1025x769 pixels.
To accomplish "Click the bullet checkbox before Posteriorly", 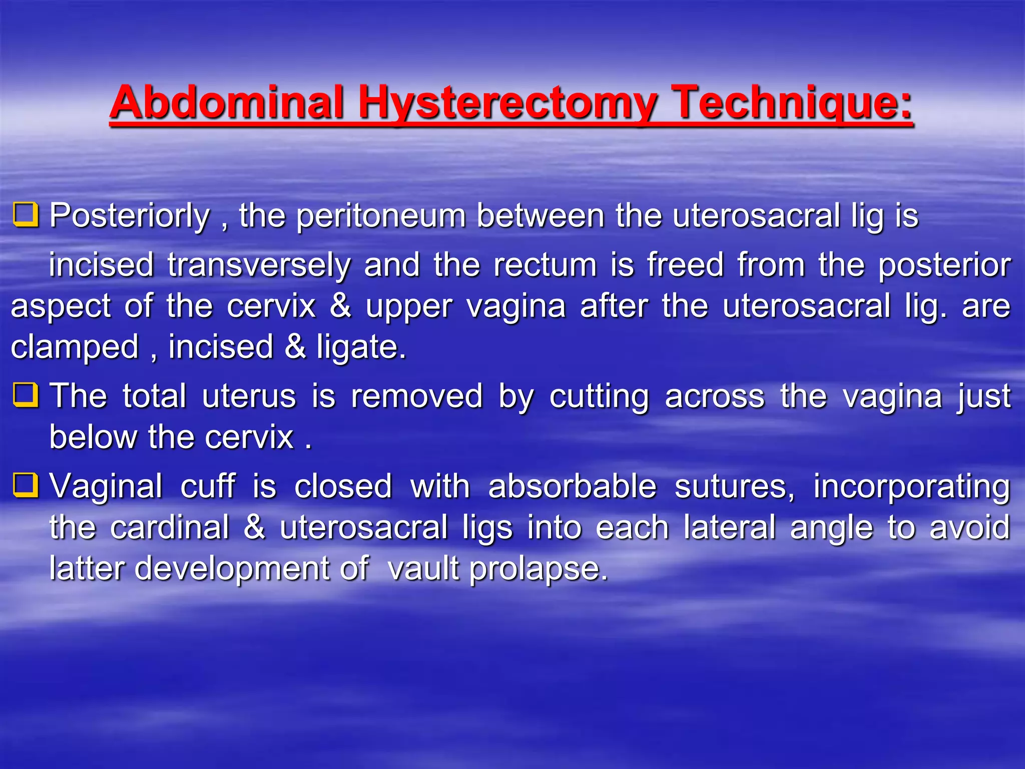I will click(x=26, y=215).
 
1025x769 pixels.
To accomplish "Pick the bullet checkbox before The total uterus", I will click(x=26, y=395).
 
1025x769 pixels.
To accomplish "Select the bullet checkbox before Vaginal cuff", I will click(x=26, y=485).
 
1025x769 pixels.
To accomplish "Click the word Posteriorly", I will click(x=130, y=216).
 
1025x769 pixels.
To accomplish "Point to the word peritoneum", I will click(x=381, y=216).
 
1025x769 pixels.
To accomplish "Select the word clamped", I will click(x=75, y=347).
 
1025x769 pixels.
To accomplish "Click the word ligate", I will click(x=360, y=347).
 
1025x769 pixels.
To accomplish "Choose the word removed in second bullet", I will click(x=416, y=396).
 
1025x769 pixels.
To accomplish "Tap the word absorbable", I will click(x=572, y=486).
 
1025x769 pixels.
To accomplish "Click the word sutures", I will click(x=734, y=486).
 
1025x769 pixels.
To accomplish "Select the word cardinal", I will click(x=170, y=527).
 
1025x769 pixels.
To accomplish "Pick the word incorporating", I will click(x=911, y=487).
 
